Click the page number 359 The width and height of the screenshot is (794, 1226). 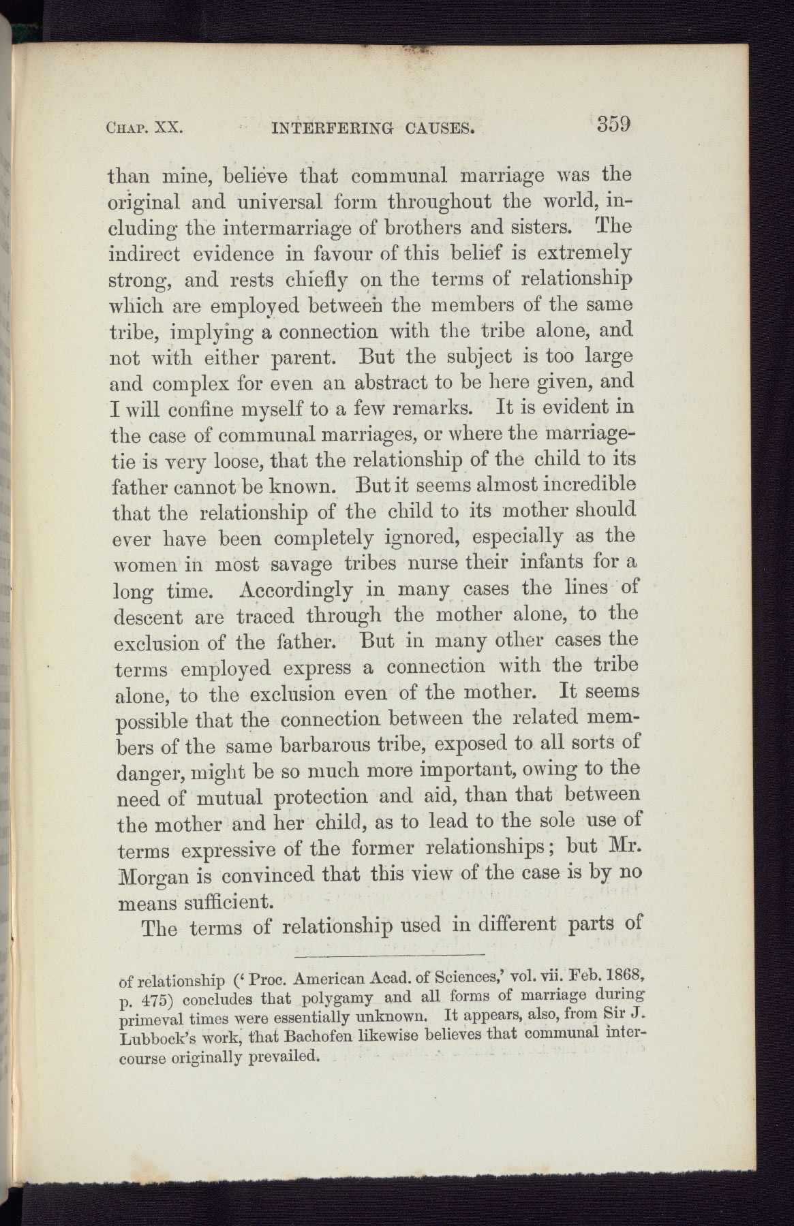tap(613, 125)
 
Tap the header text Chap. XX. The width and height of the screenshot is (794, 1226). tap(142, 127)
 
